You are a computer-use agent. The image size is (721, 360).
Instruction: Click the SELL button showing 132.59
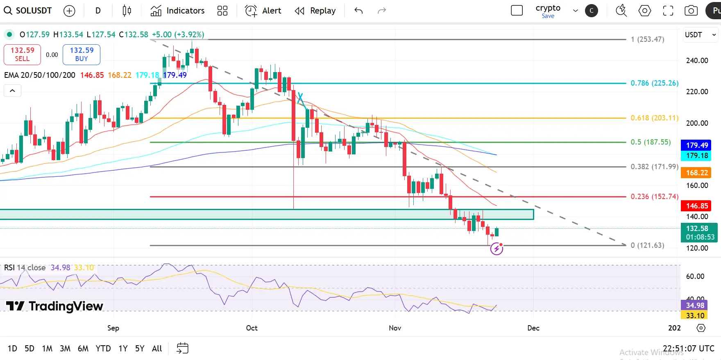pos(22,54)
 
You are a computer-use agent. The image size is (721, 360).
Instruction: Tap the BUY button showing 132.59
pos(82,54)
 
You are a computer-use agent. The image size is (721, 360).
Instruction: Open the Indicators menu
pos(177,11)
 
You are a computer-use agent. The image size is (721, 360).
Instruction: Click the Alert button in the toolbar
pos(263,11)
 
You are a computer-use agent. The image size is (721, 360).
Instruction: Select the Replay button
pos(315,11)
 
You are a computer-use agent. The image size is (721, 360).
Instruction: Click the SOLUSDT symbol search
pos(28,11)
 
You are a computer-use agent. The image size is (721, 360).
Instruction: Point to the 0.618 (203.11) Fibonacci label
pos(654,118)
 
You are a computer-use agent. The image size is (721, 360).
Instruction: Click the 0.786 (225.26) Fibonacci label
pos(654,83)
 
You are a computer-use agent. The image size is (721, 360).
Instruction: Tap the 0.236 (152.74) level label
pos(654,197)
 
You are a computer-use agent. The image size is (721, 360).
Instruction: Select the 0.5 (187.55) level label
pos(651,142)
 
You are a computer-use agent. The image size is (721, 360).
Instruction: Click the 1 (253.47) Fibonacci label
pos(647,39)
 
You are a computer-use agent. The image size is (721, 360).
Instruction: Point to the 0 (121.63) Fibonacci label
pos(647,245)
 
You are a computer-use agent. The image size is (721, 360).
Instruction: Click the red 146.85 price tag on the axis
pos(697,206)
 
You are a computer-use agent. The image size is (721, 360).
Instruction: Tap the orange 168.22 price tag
pos(697,173)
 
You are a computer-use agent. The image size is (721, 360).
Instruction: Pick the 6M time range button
pos(83,349)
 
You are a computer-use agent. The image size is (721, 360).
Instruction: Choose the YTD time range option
pos(103,349)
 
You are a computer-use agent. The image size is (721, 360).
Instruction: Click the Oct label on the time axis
pos(252,328)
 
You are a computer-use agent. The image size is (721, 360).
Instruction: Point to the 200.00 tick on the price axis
pos(697,123)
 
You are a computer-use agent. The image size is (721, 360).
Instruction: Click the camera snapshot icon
pos(691,11)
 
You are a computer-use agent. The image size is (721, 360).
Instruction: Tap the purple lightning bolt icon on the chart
pos(497,249)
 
